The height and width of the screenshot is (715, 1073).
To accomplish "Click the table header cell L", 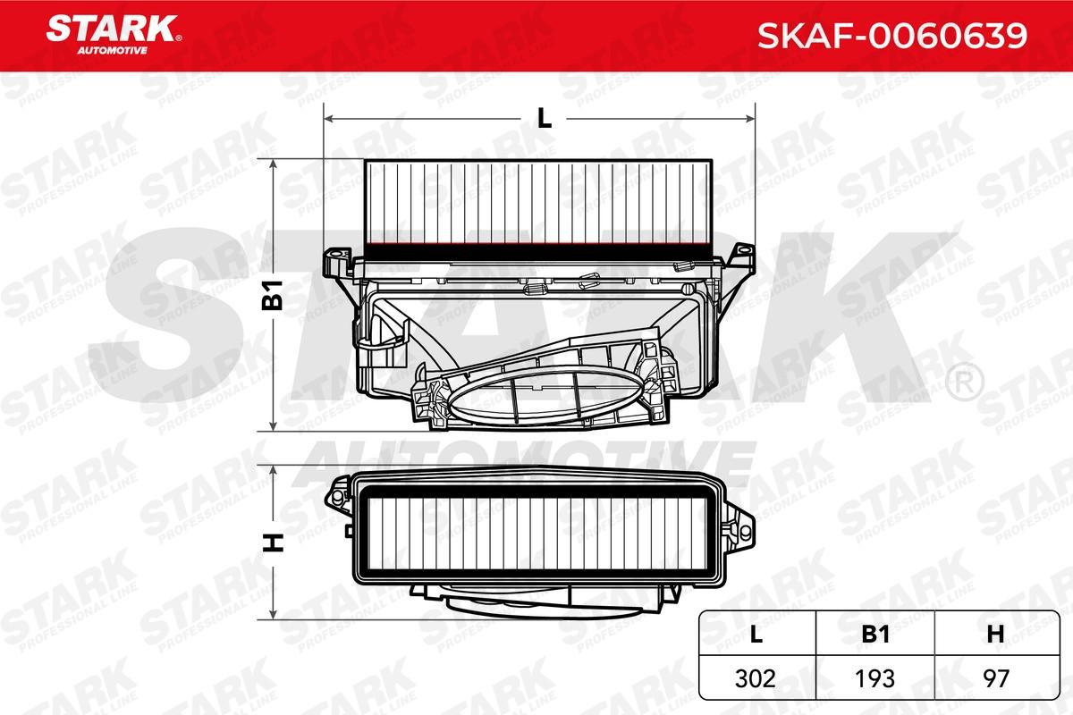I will (x=756, y=634).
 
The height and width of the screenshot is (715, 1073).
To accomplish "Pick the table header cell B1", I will (x=875, y=634).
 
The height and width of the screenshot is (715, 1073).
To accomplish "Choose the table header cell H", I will (x=994, y=634).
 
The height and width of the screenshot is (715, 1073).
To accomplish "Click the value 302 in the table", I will (x=756, y=677).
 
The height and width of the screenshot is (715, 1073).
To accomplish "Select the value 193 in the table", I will (x=875, y=677).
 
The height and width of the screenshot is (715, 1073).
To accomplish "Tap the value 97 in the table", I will (x=994, y=677).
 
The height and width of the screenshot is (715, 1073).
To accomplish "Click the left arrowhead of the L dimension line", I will (x=328, y=118).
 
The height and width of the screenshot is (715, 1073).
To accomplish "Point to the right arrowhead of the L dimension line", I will (x=751, y=118).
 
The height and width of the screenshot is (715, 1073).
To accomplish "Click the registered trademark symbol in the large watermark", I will (x=963, y=383).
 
